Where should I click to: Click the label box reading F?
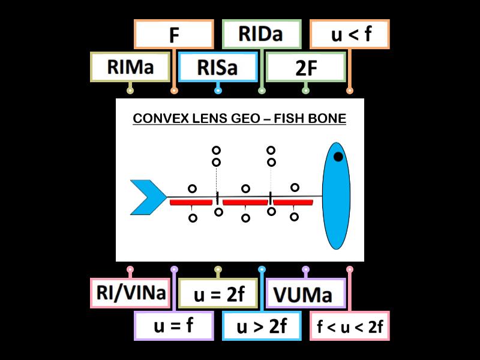click(174, 34)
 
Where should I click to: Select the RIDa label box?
click(262, 34)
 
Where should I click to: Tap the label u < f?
click(350, 34)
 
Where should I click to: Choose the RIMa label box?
click(130, 67)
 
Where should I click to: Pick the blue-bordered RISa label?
click(218, 67)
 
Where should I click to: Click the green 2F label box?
click(305, 67)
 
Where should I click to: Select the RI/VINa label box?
click(130, 293)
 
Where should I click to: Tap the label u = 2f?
click(218, 293)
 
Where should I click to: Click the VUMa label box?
click(305, 293)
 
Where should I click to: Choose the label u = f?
click(174, 326)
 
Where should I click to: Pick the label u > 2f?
click(262, 326)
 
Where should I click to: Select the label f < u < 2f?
click(350, 326)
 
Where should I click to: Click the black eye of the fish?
click(338, 157)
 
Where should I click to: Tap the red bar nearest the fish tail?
click(191, 203)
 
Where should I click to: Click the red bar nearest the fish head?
click(293, 203)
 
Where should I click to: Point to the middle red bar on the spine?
click(245, 203)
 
